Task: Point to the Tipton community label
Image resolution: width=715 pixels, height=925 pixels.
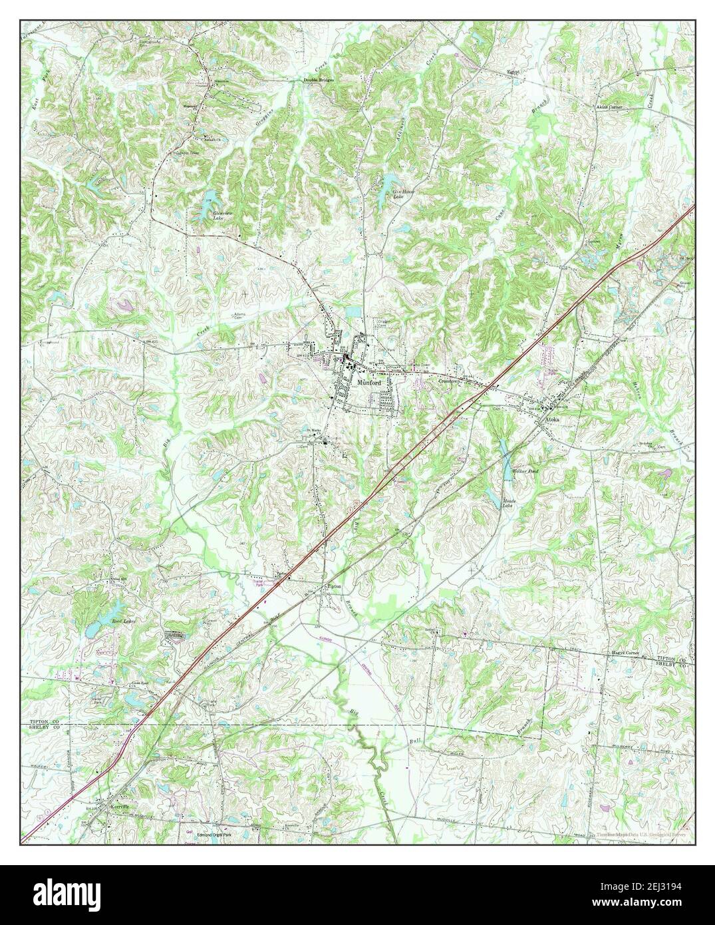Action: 334,586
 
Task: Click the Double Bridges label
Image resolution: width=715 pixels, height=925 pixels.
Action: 319,80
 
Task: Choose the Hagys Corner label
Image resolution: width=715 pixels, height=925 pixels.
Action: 625,653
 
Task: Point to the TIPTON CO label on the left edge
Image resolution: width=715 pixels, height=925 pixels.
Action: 45,721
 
